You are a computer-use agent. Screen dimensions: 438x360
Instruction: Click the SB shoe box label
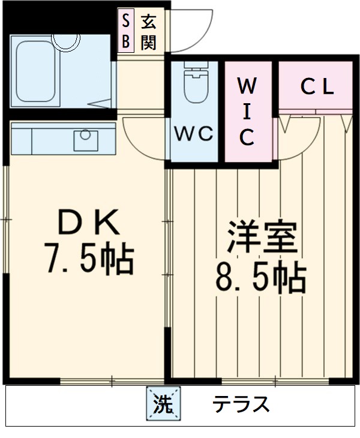(x=125, y=32)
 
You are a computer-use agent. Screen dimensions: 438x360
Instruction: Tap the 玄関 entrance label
(x=149, y=32)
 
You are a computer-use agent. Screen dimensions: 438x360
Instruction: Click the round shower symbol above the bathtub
(x=65, y=39)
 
